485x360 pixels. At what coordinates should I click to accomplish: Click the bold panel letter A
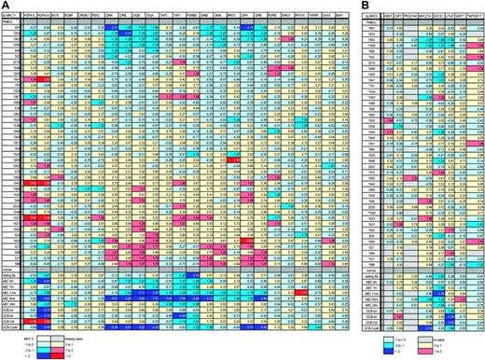tap(6, 6)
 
